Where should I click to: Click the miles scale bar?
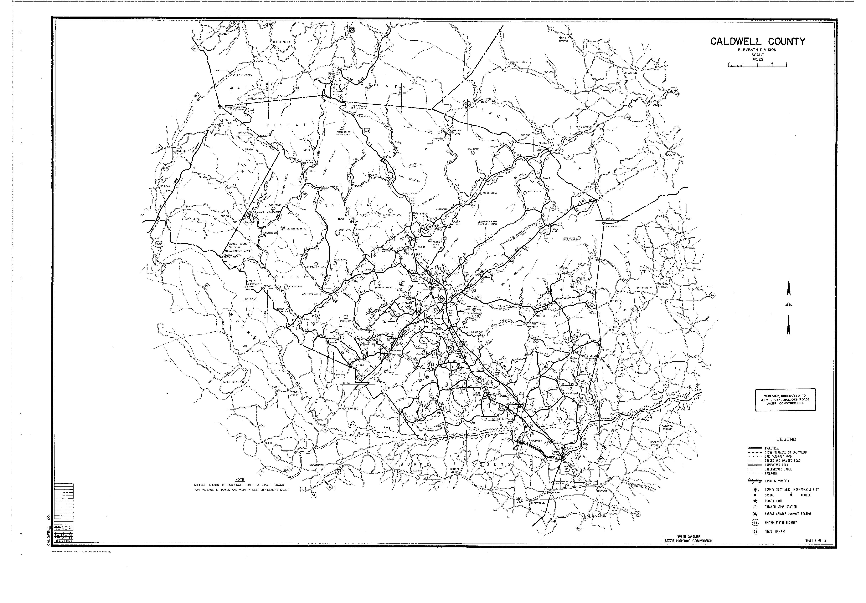(x=757, y=66)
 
